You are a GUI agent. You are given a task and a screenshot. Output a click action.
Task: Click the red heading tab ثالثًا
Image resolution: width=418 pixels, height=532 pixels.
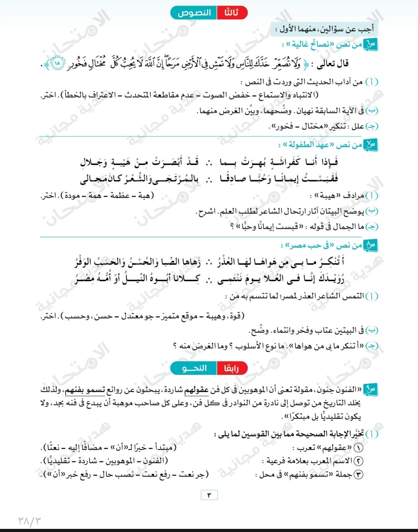click(231, 13)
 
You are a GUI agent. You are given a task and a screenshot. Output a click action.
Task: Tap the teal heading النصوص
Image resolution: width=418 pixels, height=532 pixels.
click(194, 13)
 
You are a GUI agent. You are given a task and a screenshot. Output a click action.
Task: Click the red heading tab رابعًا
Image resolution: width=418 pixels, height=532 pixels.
click(231, 368)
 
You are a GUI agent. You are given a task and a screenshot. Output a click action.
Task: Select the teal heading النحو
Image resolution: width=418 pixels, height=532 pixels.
click(194, 368)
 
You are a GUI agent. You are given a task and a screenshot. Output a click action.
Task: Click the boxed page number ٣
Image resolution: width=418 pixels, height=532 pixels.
click(209, 495)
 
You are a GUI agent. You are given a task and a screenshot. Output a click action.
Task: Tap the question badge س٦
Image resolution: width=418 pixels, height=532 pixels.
click(370, 45)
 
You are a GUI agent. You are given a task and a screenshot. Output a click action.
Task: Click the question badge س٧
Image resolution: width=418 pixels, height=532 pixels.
click(370, 145)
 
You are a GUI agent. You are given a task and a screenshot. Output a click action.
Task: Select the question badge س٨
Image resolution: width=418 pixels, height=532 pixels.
click(370, 245)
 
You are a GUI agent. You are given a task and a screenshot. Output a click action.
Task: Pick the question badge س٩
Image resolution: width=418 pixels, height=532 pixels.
click(370, 390)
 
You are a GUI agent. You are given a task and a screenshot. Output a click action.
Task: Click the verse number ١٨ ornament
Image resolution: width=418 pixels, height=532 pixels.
click(58, 63)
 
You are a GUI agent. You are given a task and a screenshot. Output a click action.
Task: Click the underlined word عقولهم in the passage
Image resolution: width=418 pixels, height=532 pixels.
click(196, 390)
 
